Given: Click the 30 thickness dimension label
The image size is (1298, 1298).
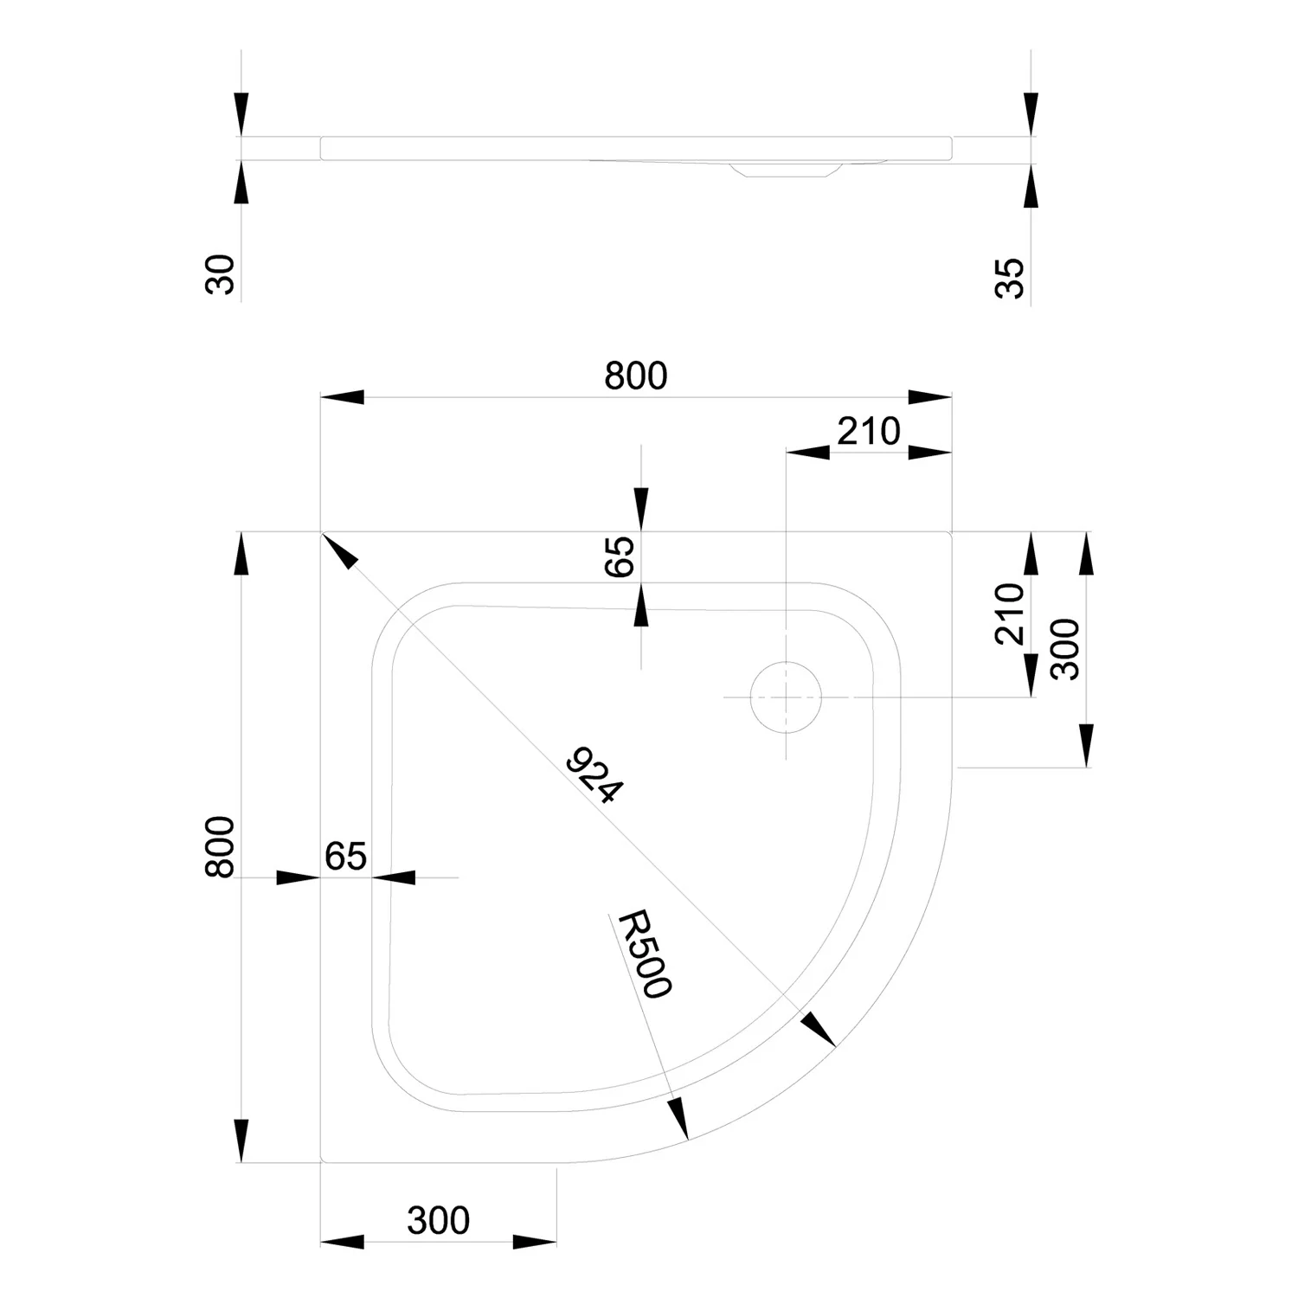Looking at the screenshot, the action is pyautogui.click(x=221, y=274).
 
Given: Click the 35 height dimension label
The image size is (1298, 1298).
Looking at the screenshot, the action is pyautogui.click(x=1010, y=279).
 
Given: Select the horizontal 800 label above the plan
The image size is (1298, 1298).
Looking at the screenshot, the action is pyautogui.click(x=636, y=376).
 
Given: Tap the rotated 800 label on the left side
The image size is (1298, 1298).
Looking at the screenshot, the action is pyautogui.click(x=220, y=847).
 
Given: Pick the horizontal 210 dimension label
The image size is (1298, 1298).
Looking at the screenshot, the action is pyautogui.click(x=869, y=431).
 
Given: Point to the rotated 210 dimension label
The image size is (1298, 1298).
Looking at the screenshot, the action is pyautogui.click(x=1010, y=614).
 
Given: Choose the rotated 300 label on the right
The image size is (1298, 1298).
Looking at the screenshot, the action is pyautogui.click(x=1065, y=649).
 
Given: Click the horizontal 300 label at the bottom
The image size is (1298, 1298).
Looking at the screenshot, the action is pyautogui.click(x=438, y=1220).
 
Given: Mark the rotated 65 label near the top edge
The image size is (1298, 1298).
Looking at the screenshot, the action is pyautogui.click(x=620, y=556).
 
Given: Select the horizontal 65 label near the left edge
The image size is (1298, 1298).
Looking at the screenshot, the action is pyautogui.click(x=346, y=856).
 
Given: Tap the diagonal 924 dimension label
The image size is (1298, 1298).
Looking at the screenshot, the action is pyautogui.click(x=594, y=776).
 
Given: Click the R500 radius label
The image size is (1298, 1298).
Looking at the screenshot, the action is pyautogui.click(x=640, y=954).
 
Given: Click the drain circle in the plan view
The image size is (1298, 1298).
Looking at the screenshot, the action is pyautogui.click(x=785, y=697).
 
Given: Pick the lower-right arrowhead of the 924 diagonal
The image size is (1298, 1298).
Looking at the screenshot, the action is pyautogui.click(x=818, y=1029).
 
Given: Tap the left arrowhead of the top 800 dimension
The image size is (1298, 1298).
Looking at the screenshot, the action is pyautogui.click(x=342, y=397).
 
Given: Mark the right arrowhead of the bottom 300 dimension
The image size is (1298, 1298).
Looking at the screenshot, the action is pyautogui.click(x=535, y=1242).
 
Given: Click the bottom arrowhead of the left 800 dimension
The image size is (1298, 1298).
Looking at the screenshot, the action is pyautogui.click(x=241, y=1141).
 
